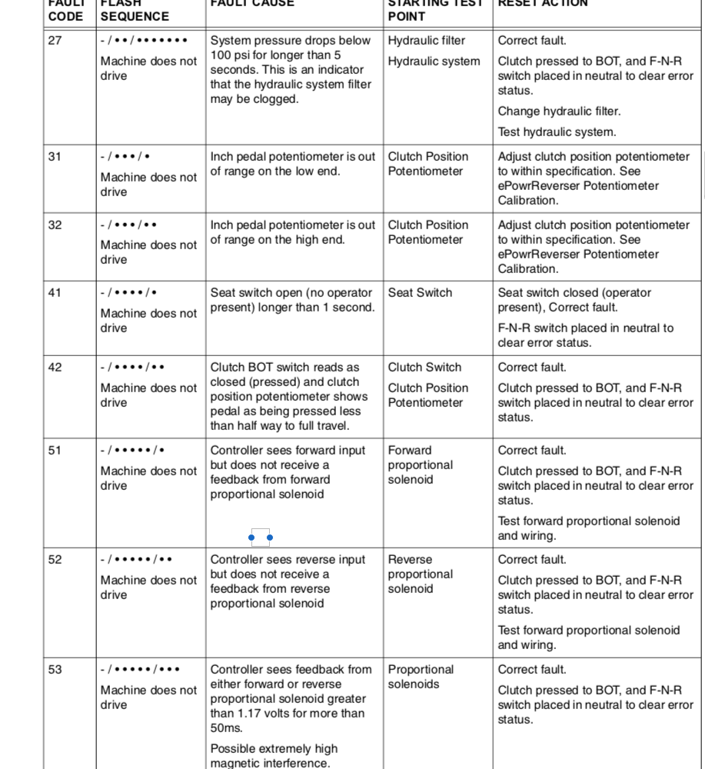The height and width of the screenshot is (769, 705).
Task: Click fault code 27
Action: [x=55, y=41]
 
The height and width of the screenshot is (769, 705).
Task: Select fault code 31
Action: [x=55, y=157]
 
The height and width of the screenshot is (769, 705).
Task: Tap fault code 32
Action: [x=55, y=225]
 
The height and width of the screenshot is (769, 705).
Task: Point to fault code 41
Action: [x=55, y=293]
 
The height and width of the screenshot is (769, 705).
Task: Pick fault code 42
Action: [x=55, y=368]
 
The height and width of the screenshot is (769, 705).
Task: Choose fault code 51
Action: [x=55, y=451]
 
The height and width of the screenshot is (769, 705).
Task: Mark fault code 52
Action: [x=55, y=560]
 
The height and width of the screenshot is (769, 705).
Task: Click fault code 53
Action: [x=55, y=670]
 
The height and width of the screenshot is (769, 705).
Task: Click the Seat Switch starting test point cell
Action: [x=420, y=293]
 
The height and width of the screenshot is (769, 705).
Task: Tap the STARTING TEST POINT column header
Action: [x=435, y=9]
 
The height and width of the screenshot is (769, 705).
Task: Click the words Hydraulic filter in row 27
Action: [x=427, y=41]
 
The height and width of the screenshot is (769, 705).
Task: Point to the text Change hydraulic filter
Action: [x=548, y=112]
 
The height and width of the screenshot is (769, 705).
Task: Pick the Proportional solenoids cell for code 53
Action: [x=421, y=677]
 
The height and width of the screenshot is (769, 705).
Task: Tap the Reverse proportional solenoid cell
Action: [x=421, y=574]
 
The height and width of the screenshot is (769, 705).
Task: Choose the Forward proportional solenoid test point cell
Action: [x=421, y=465]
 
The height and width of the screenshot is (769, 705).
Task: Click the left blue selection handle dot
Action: [x=252, y=538]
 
